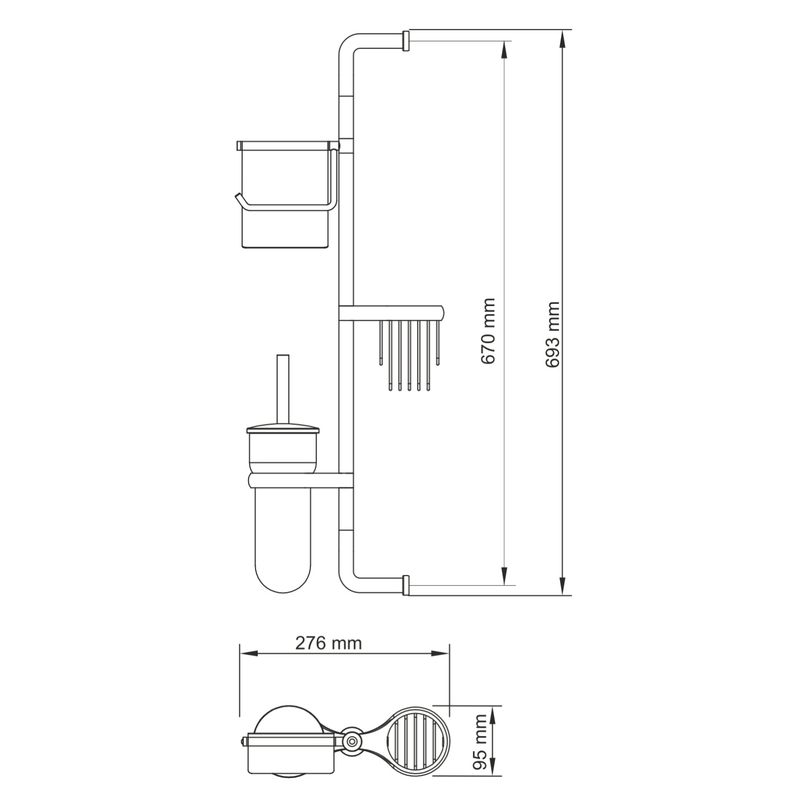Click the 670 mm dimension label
[x=488, y=331]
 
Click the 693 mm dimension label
[x=553, y=335]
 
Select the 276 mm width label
[x=328, y=643]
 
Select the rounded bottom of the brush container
[x=282, y=576]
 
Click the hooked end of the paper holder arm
[x=238, y=199]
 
